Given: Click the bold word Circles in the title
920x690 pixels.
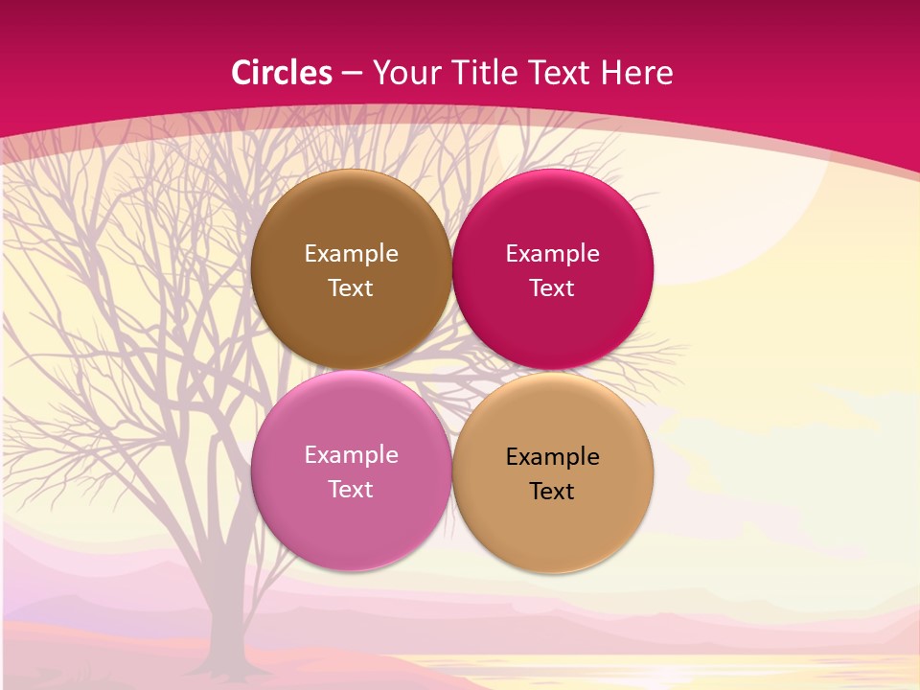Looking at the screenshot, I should tap(282, 73).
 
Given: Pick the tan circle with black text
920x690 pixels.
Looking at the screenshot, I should tap(552, 523).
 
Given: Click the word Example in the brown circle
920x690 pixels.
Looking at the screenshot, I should tap(351, 254).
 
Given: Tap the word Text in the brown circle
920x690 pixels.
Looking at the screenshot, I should tap(351, 288).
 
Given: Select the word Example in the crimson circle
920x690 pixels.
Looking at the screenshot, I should tap(552, 254).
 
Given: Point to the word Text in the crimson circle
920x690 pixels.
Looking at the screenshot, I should tap(552, 288).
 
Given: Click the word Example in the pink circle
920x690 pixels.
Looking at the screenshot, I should tap(351, 455).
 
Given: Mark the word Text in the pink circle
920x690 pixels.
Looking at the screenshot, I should tap(351, 490).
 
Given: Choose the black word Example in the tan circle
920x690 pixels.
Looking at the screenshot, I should tap(552, 457).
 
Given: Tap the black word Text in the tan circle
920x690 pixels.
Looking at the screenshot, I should tap(552, 492).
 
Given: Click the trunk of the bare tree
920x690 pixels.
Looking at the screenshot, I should tap(226, 613).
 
